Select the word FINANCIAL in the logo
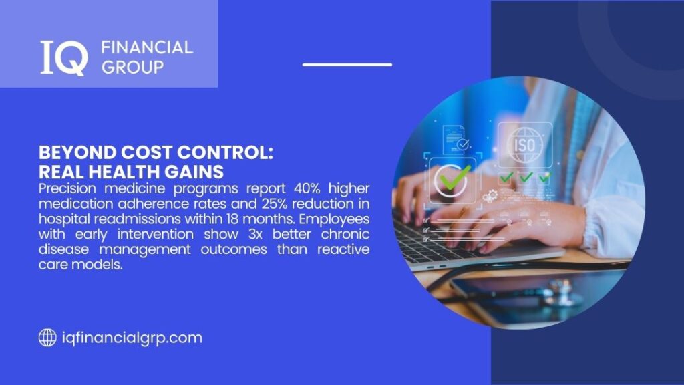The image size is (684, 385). (146, 47)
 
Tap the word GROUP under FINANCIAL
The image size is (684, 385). (132, 67)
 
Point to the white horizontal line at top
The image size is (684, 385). (347, 65)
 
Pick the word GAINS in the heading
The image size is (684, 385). (195, 170)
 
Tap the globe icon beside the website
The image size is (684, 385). (47, 338)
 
